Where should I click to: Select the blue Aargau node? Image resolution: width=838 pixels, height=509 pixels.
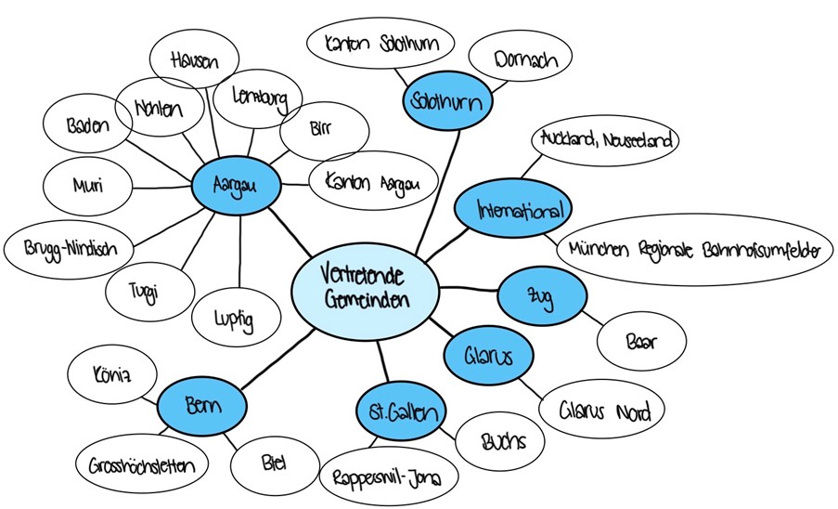point(233,187)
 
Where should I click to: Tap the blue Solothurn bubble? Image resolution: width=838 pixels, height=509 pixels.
point(447,101)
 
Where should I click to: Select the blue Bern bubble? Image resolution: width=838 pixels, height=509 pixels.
point(201,405)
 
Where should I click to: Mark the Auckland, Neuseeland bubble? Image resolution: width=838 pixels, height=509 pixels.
point(606,141)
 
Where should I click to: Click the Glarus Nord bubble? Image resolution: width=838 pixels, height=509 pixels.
point(600,410)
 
